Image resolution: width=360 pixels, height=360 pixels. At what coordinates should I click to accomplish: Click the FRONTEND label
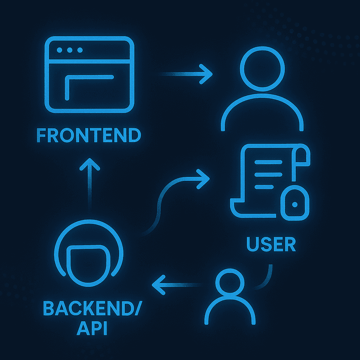[89, 135]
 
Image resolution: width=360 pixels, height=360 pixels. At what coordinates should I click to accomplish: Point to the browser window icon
[90, 75]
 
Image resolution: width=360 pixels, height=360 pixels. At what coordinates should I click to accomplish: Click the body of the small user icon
[229, 308]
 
